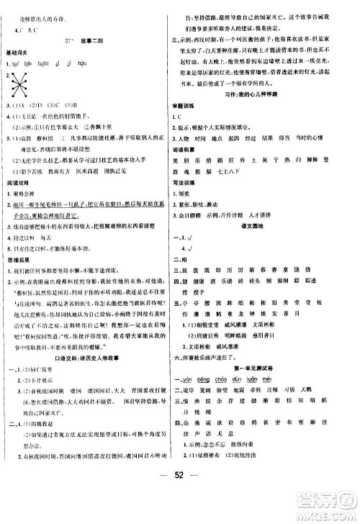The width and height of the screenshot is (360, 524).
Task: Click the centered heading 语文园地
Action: (x=264, y=246)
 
